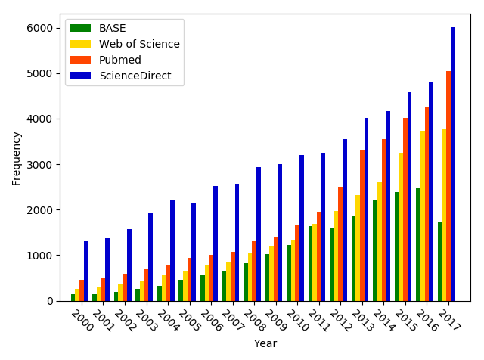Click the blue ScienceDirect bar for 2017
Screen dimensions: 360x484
[453, 164]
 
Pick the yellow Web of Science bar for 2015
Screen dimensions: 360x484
[401, 227]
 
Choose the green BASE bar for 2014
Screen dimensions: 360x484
[375, 250]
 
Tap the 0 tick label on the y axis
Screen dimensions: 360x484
[49, 301]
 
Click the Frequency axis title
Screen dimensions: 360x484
[17, 157]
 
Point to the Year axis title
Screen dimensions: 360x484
[265, 343]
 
